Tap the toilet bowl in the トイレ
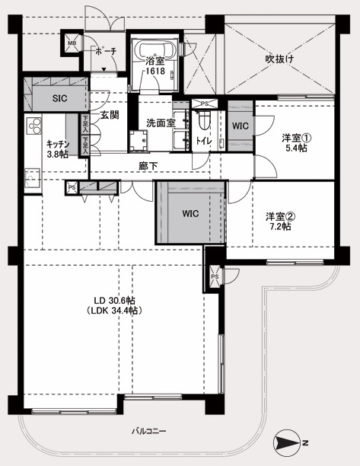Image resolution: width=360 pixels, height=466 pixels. [204, 120]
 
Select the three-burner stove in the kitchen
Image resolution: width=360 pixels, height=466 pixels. [33, 126]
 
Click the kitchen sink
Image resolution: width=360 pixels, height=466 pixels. [33, 178]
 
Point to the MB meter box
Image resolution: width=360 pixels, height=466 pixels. [72, 43]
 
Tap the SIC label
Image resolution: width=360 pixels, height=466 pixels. [59, 98]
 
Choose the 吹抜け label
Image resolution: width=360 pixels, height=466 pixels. [279, 59]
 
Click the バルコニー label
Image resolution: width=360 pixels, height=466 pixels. [149, 431]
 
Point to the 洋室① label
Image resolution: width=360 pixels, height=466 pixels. [296, 138]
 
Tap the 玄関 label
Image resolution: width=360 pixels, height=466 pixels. [110, 115]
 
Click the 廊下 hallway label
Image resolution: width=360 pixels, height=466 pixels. [148, 166]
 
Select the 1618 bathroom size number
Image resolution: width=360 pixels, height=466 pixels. [155, 71]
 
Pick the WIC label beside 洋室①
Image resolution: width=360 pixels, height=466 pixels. [241, 126]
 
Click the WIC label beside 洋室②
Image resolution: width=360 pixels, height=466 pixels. [190, 213]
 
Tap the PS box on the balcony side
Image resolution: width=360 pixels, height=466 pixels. [215, 277]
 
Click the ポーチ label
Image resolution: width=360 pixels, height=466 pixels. [106, 51]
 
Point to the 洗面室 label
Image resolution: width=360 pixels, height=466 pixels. [161, 123]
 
